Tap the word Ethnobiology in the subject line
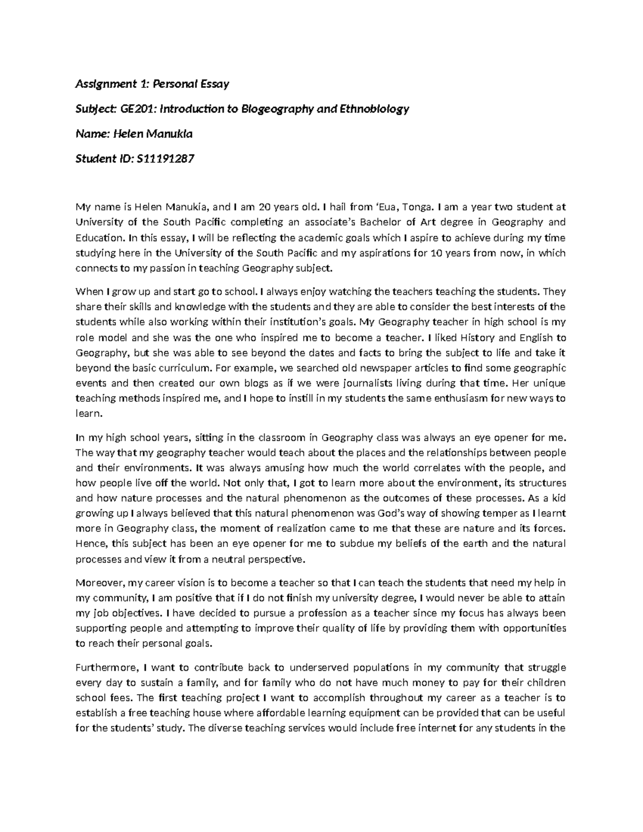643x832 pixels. (378, 109)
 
